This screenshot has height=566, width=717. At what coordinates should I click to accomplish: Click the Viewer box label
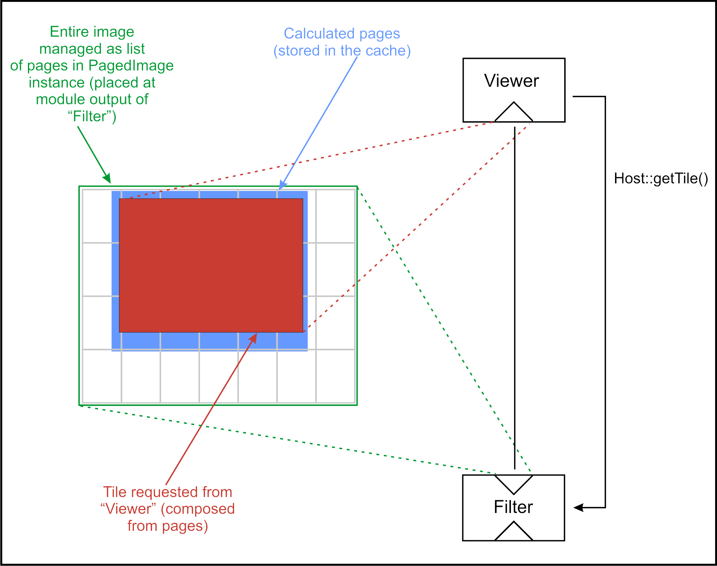click(511, 81)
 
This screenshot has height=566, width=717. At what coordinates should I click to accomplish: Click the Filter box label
click(513, 507)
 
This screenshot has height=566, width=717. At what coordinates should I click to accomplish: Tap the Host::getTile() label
click(661, 179)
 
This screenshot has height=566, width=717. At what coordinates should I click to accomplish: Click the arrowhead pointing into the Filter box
click(578, 508)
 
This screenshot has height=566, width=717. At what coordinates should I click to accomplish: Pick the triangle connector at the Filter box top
click(514, 483)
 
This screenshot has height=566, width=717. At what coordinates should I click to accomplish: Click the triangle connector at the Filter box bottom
click(514, 532)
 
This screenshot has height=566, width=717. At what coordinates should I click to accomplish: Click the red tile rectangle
click(211, 265)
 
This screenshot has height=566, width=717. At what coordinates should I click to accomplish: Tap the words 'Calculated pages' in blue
click(341, 34)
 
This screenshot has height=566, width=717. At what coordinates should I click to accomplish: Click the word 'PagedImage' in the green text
click(131, 66)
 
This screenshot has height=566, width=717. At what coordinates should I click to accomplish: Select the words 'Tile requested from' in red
click(168, 492)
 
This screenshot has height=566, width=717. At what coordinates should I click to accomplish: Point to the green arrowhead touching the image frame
click(107, 179)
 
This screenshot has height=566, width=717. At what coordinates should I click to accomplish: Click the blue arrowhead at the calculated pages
click(282, 186)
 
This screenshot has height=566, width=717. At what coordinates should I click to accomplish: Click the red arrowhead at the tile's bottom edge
click(254, 338)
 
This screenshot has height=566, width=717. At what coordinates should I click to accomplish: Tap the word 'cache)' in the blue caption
click(388, 51)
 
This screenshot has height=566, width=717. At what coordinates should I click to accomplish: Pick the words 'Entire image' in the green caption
click(92, 32)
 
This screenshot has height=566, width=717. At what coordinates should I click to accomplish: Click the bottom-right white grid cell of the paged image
click(335, 376)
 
